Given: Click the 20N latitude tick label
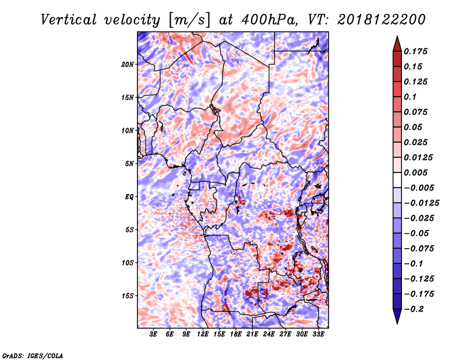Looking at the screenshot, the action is [x=128, y=65].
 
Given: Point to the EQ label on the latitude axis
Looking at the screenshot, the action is [x=129, y=197].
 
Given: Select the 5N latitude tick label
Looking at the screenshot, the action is [x=129, y=164].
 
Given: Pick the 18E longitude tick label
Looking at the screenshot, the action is [x=236, y=334].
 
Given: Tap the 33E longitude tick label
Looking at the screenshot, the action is [x=318, y=334].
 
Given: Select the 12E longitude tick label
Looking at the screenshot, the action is [x=203, y=334].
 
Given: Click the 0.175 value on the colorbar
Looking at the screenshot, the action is [x=415, y=51].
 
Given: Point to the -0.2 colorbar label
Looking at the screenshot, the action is [x=414, y=309].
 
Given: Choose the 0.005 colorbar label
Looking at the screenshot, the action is [x=415, y=172].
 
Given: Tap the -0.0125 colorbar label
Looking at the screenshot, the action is [x=421, y=203].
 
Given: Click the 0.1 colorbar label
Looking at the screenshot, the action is [x=410, y=97].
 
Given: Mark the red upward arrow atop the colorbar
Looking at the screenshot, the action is [x=397, y=44].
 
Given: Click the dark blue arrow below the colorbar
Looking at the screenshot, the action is [x=397, y=316].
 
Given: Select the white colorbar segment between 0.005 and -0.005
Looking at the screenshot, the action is [x=397, y=180].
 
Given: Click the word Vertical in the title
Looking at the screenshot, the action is [x=69, y=20].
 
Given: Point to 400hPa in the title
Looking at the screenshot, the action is [x=269, y=20].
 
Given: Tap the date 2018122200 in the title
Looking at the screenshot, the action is [x=382, y=20].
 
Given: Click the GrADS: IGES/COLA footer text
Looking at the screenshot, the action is [x=33, y=355].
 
